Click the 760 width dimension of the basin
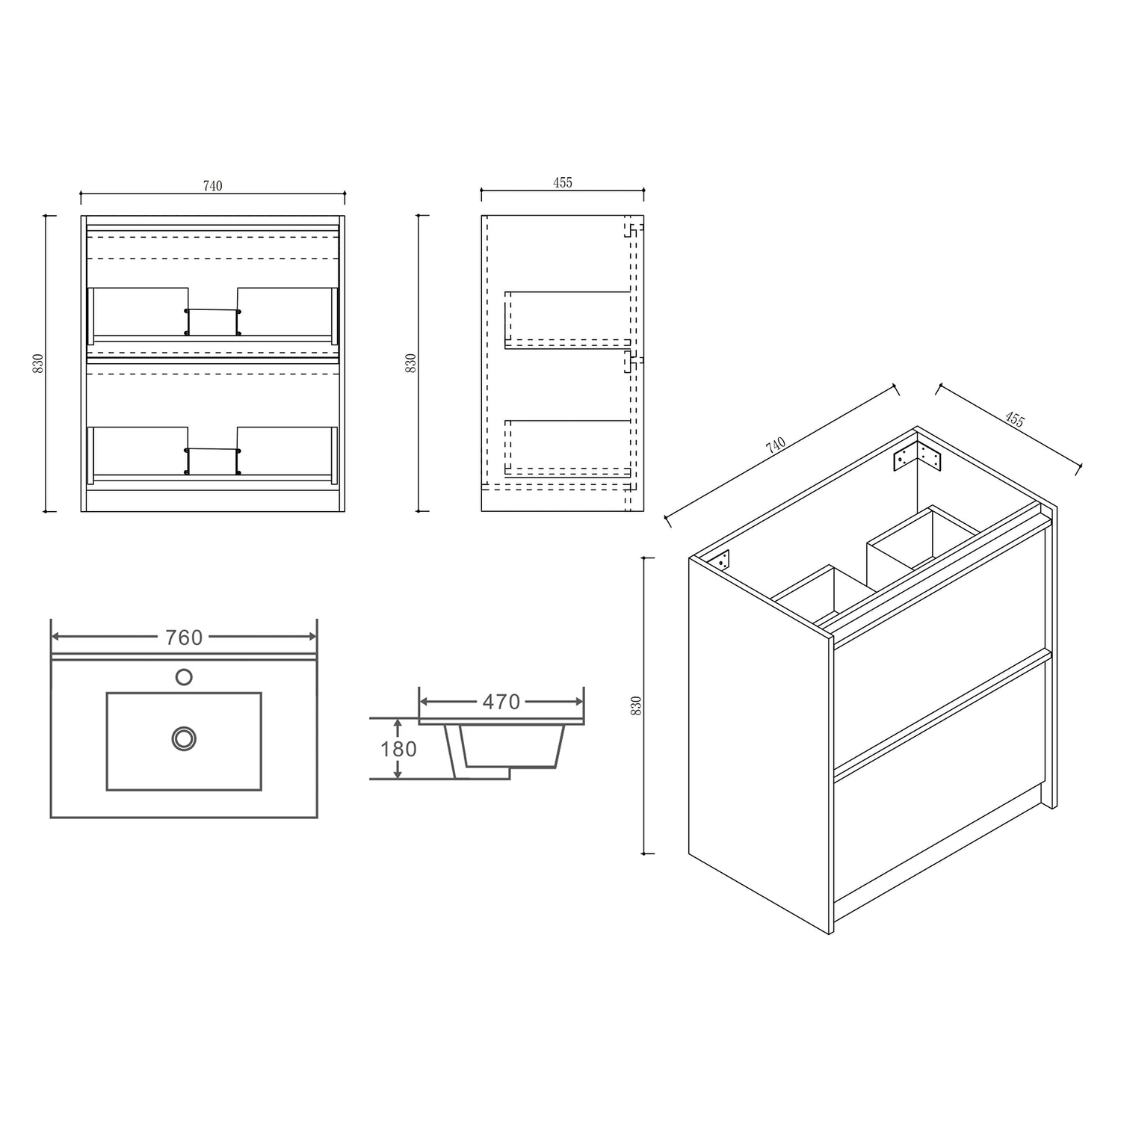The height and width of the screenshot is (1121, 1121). (184, 637)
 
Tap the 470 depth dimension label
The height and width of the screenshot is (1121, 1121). (501, 702)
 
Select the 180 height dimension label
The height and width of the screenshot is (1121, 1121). (398, 749)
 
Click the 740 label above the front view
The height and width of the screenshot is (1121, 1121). (213, 186)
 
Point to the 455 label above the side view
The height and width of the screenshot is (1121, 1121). (563, 182)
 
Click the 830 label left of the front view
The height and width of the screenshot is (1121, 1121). (39, 363)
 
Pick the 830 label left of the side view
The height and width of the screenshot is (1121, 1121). (410, 363)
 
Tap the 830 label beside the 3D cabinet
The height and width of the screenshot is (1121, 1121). (637, 705)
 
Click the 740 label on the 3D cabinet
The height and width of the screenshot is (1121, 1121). (776, 445)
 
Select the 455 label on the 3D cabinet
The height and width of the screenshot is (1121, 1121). (1014, 419)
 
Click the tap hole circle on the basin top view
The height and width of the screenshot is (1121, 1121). (184, 677)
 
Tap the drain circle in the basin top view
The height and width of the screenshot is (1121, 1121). (184, 738)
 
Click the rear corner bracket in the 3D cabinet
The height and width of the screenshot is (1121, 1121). (917, 456)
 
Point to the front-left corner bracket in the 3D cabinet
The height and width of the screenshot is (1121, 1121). (723, 560)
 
